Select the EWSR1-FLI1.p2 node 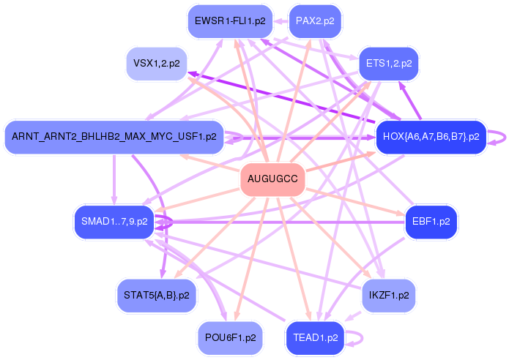[x=229, y=20]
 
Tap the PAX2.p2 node [x=315, y=20]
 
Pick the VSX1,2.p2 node [x=156, y=64]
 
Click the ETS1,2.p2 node [x=388, y=64]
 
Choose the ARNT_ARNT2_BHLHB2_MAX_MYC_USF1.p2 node [x=114, y=136]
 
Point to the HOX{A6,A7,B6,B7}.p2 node [x=431, y=136]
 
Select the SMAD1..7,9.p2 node [x=114, y=221]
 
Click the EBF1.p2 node [x=431, y=221]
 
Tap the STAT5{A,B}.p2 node [x=157, y=294]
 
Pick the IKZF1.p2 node [x=389, y=294]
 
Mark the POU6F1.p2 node [x=230, y=337]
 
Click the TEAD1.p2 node [x=315, y=337]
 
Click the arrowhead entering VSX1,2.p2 [x=192, y=72]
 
